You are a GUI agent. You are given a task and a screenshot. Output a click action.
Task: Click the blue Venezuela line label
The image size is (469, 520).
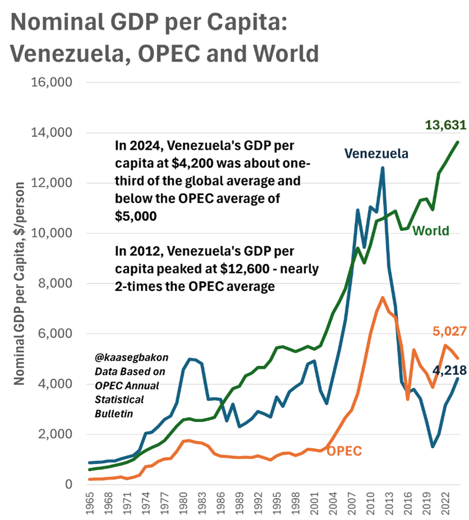tap(376, 153)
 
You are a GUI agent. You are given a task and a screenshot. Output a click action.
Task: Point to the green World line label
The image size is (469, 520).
tap(431, 230)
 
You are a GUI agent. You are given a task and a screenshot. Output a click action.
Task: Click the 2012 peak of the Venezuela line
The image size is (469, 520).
tap(383, 168)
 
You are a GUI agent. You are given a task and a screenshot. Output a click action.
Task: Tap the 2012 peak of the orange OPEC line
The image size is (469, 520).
tap(382, 298)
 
